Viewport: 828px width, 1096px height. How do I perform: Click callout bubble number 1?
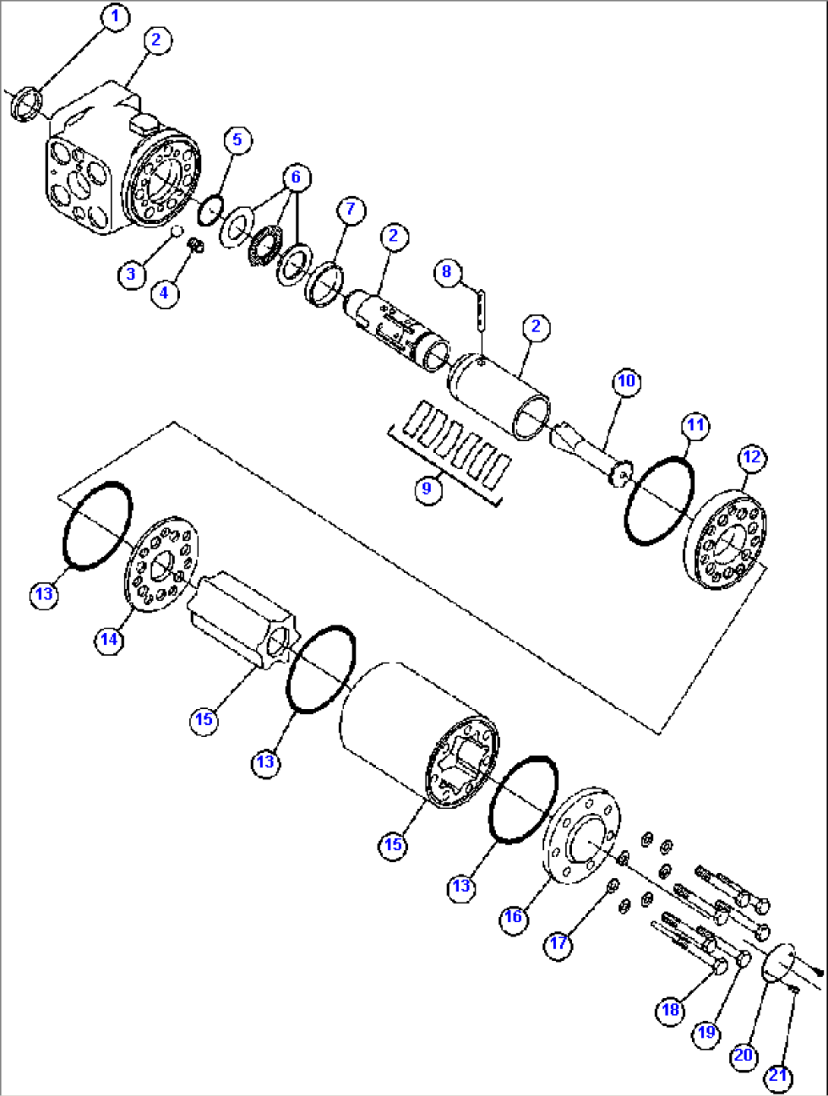[115, 17]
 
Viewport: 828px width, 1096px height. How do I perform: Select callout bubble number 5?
[237, 140]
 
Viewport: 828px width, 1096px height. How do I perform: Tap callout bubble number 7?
[350, 209]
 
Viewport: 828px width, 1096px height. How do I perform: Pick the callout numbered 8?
[447, 272]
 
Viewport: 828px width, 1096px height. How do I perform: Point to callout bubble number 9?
[426, 488]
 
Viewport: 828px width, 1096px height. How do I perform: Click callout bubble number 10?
[626, 380]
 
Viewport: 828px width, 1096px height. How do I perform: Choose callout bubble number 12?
[751, 457]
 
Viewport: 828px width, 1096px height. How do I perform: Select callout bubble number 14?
[109, 640]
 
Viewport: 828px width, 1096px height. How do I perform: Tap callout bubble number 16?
[514, 917]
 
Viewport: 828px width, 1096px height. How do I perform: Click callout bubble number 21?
[779, 1076]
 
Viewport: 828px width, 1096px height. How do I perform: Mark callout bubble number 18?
[670, 1010]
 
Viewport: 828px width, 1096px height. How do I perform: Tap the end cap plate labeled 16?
[582, 835]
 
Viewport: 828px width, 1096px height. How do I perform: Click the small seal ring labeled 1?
[25, 104]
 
